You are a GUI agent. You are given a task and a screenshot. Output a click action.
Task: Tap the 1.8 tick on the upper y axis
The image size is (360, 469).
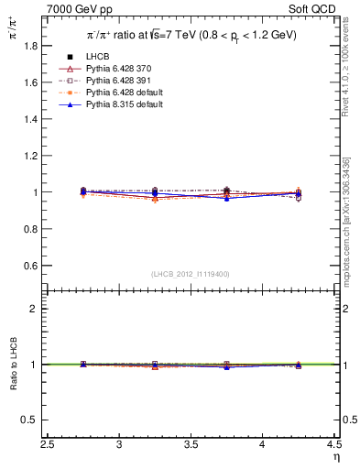point(33,45)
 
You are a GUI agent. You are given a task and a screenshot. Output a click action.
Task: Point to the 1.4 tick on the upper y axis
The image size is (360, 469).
point(33,119)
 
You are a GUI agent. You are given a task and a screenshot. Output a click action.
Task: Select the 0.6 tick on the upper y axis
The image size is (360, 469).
point(33,266)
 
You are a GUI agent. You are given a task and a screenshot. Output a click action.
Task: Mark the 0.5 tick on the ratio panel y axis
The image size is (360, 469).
point(33,420)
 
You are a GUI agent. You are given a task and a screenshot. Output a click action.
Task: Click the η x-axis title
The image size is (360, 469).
point(336,456)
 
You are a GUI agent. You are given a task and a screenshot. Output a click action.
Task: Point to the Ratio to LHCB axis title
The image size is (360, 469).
point(13,365)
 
